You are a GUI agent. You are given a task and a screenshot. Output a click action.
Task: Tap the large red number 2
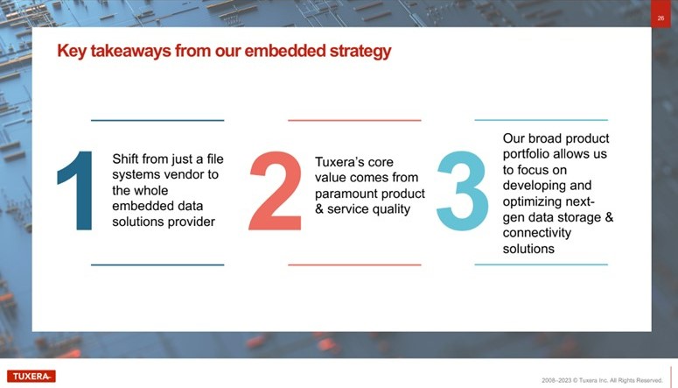click(276, 191)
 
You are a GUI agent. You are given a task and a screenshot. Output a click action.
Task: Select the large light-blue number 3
click(462, 191)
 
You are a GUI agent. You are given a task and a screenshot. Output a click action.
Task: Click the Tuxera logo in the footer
click(31, 377)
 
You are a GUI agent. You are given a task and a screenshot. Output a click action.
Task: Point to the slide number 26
click(661, 18)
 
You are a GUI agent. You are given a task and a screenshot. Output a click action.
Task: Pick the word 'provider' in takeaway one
click(191, 222)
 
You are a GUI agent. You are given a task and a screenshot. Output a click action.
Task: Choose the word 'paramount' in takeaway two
click(344, 194)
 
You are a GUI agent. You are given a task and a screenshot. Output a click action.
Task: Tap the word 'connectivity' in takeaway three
click(536, 233)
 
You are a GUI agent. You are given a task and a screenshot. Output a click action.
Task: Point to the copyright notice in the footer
click(602, 380)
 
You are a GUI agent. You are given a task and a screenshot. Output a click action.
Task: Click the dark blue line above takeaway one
click(157, 120)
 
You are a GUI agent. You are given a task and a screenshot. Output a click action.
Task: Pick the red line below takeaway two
click(354, 265)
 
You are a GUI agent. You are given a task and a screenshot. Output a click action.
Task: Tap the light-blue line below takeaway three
click(541, 265)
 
